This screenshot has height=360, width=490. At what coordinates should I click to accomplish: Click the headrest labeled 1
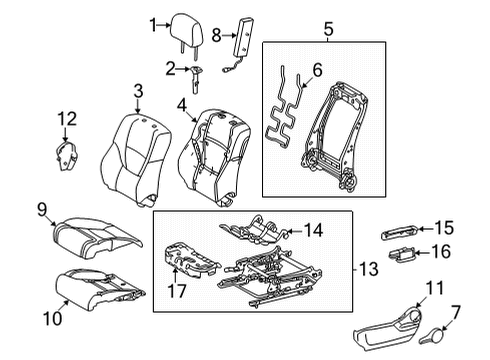click(186, 30)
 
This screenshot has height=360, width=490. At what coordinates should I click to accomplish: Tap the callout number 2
click(170, 69)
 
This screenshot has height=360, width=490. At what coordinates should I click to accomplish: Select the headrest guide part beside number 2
click(196, 79)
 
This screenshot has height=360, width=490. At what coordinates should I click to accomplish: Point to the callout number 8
click(216, 35)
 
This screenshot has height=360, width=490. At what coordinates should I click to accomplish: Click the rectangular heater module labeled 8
click(242, 37)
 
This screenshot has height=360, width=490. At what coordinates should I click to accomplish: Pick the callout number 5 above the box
click(328, 29)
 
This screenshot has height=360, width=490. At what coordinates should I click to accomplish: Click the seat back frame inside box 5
click(338, 136)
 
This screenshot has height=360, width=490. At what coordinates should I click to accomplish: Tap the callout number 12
click(67, 119)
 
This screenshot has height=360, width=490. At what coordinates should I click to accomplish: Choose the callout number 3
click(138, 91)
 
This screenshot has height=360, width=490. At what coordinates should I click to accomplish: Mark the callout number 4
click(182, 105)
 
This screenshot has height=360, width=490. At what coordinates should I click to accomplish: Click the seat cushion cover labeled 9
click(97, 237)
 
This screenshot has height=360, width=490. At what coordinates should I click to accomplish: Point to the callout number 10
click(53, 318)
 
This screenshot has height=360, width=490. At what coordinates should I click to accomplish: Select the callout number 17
click(176, 291)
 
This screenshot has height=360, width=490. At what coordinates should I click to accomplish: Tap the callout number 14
click(313, 230)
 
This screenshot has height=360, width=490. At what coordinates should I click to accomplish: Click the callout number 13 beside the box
click(369, 269)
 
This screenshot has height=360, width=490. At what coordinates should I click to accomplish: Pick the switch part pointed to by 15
click(400, 232)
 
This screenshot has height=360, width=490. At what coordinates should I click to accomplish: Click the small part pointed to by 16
click(402, 255)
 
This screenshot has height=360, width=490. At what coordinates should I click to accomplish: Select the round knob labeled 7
click(433, 336)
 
